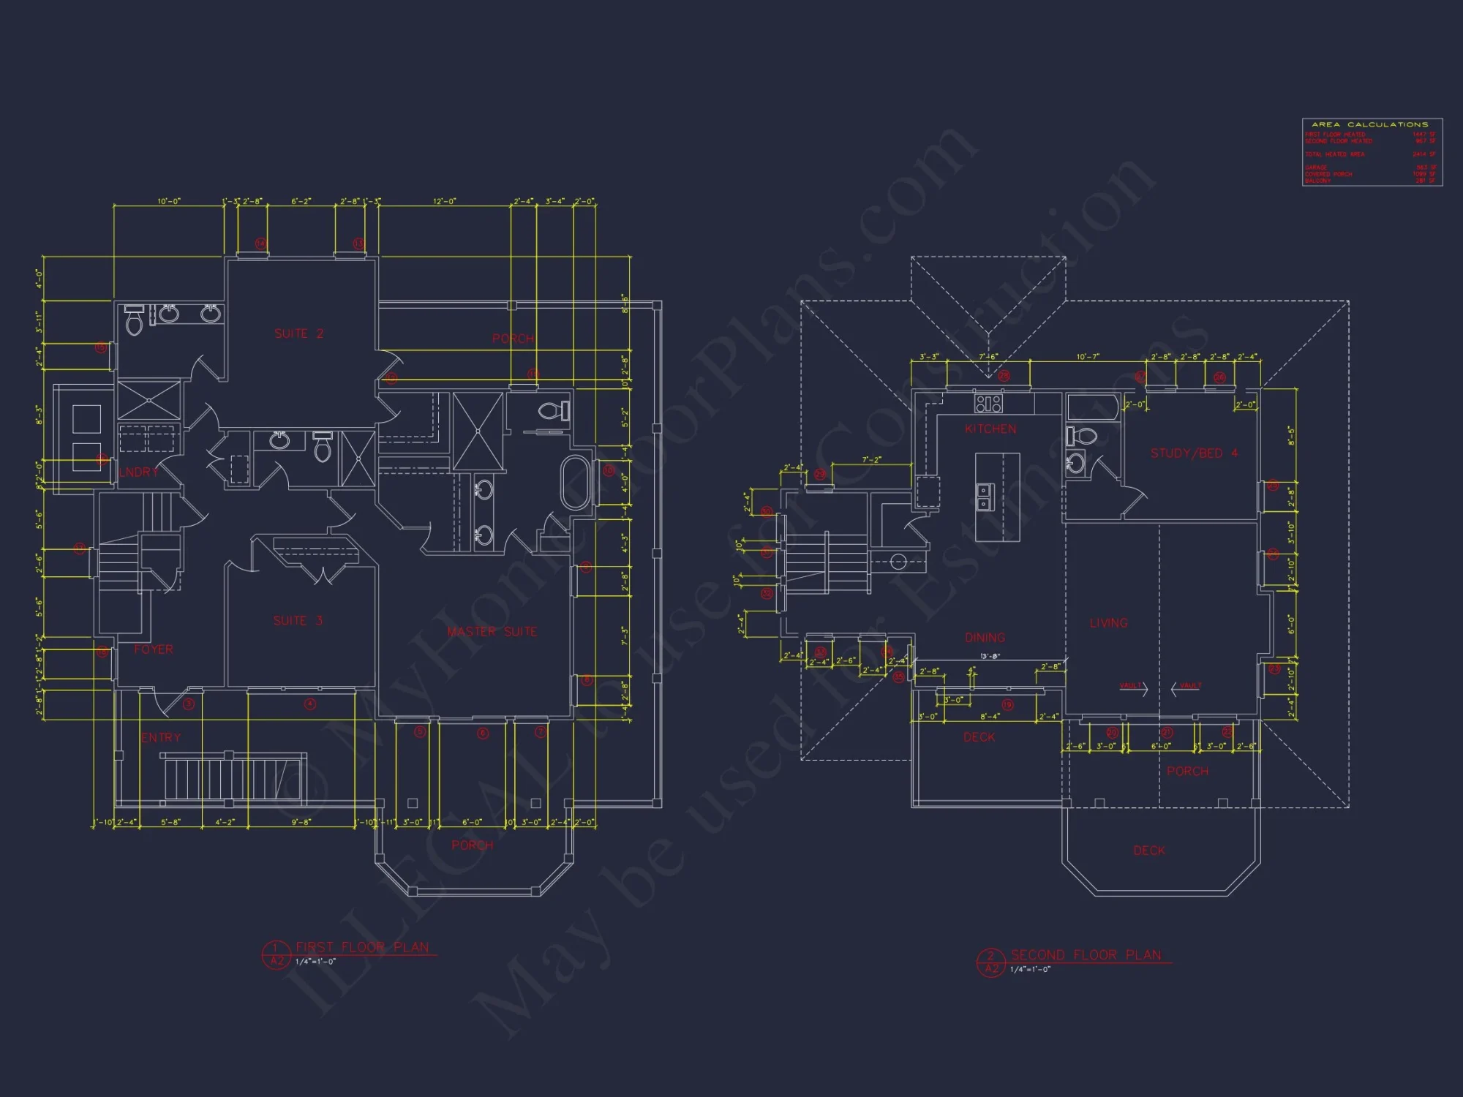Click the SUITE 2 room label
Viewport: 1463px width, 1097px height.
point(298,333)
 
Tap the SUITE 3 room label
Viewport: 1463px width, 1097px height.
point(298,621)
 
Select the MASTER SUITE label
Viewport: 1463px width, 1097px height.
point(492,631)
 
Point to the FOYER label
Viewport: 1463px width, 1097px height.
point(154,649)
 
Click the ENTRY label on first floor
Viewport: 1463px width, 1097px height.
point(161,737)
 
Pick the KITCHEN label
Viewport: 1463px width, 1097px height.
point(990,429)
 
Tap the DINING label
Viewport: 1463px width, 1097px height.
point(985,638)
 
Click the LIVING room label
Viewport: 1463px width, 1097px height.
point(1108,623)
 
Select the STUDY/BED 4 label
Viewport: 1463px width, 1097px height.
point(1194,453)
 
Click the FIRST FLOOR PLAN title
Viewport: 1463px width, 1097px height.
point(362,947)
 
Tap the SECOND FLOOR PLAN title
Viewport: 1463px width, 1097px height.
point(1086,955)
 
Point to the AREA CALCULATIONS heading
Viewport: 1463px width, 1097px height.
point(1369,125)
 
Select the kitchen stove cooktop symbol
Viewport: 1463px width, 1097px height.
point(988,403)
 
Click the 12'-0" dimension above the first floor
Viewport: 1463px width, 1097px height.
point(444,201)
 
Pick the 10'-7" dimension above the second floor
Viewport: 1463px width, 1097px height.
point(1087,357)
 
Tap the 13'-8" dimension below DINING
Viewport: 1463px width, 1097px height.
point(990,656)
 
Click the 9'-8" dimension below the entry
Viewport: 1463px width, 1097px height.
point(301,822)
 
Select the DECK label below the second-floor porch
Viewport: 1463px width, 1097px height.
point(1148,851)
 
